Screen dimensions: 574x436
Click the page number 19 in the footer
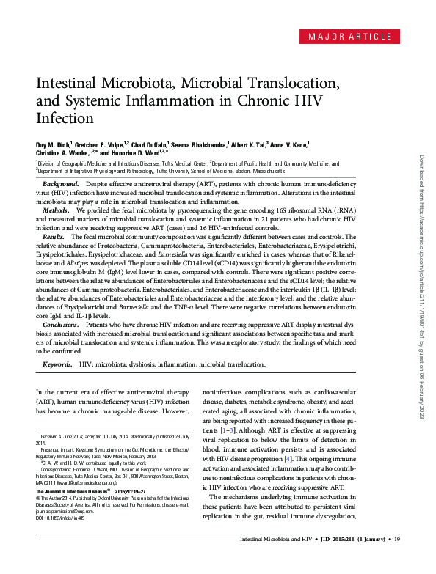click(x=397, y=562)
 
